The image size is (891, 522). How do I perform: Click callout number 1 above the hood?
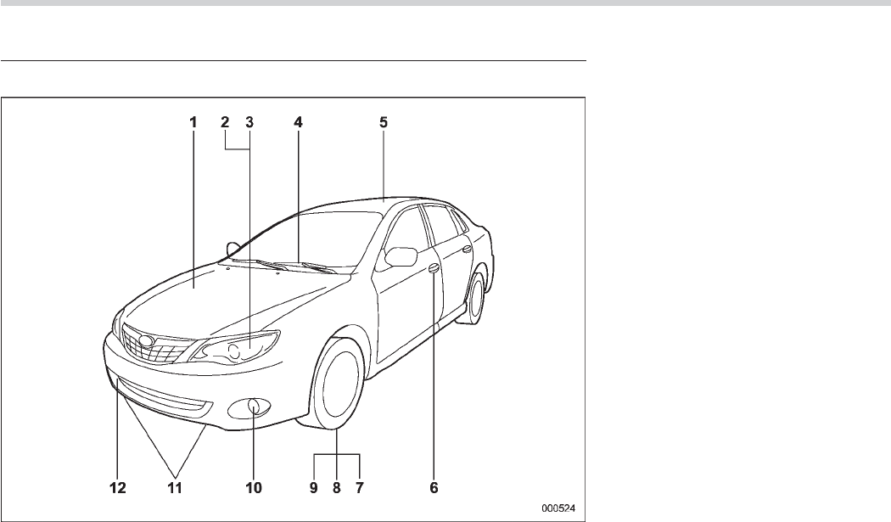(193, 121)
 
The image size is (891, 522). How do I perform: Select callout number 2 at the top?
(225, 121)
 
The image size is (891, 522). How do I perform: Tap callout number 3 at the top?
(249, 121)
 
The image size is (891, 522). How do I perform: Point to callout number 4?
(298, 121)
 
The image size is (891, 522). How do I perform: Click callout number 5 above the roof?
(384, 121)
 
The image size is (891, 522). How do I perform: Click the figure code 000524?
(559, 508)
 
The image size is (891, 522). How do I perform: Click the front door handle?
(434, 269)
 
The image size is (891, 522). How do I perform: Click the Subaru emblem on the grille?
(146, 343)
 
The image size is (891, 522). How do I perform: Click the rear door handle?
(468, 249)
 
